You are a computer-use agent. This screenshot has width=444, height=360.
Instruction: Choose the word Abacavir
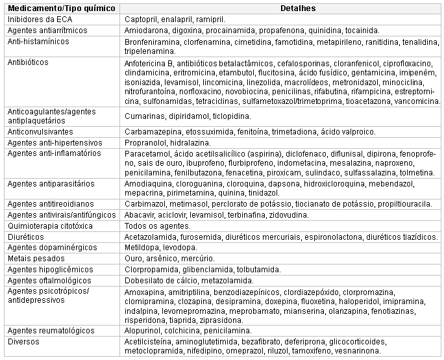click(140, 214)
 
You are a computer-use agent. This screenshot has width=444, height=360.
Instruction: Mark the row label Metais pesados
click(33, 258)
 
